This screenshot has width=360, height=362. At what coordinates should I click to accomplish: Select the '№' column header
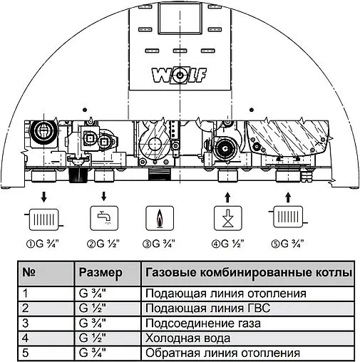30,273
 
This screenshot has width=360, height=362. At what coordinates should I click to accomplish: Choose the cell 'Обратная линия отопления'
210,353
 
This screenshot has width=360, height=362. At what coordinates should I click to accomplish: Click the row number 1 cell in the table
26,293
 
